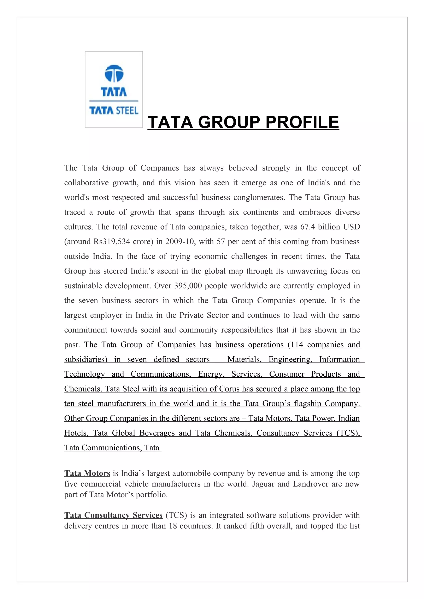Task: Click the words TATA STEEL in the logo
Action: pyautogui.click(x=114, y=111)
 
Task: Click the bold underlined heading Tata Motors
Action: pyautogui.click(x=87, y=473)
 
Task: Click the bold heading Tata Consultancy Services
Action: pyautogui.click(x=113, y=515)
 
